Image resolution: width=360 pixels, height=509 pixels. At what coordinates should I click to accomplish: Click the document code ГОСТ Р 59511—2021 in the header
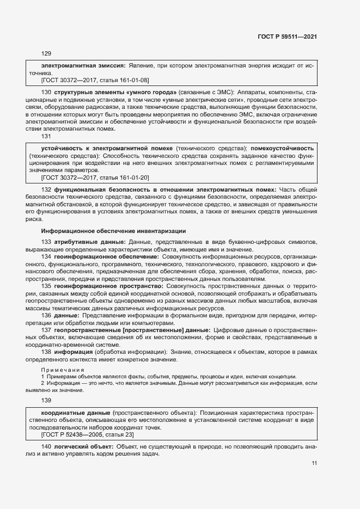[287, 36]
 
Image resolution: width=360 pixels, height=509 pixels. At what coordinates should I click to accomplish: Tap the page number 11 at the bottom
[314, 463]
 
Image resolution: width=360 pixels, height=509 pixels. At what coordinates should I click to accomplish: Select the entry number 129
[46, 53]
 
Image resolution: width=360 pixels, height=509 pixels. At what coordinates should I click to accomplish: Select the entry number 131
[46, 137]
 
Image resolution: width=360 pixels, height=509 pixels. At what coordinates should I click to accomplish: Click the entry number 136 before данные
[46, 315]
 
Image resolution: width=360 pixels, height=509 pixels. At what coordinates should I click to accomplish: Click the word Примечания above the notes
[60, 370]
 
